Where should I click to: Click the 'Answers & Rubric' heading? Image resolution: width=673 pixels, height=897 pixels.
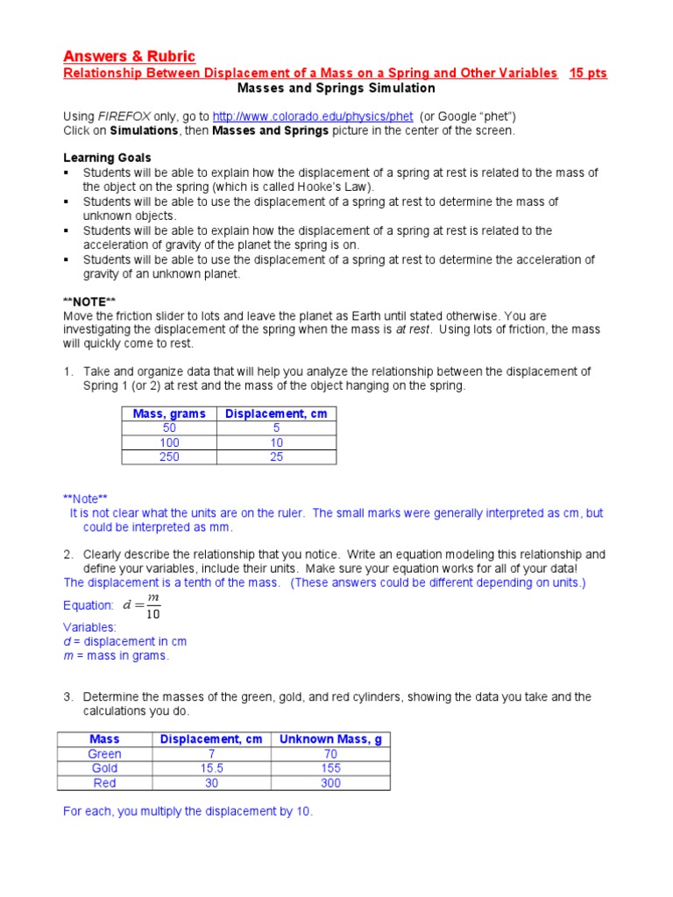point(129,56)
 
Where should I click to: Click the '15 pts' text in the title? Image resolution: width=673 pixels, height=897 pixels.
point(588,74)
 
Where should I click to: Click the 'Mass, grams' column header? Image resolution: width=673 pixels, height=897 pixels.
point(169,413)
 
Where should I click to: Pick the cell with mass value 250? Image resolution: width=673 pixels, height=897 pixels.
point(169,457)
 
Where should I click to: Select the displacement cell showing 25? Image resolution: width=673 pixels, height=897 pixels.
point(276,457)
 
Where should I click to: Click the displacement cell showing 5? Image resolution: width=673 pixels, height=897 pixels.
point(276,428)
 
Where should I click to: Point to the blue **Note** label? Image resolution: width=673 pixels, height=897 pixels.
point(85,498)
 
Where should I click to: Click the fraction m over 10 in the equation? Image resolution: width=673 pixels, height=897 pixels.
point(153,605)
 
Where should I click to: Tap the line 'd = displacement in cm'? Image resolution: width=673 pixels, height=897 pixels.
point(124,641)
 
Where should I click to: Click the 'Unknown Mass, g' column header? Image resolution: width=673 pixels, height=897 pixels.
point(330,739)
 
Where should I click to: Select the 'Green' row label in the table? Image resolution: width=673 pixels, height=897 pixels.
point(105,754)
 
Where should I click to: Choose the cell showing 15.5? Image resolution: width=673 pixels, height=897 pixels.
point(210,768)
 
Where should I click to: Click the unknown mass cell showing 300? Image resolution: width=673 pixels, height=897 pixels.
point(330,783)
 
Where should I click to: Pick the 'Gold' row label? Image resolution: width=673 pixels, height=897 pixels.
point(105,768)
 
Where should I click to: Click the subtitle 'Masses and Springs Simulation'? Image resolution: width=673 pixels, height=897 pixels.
point(336,88)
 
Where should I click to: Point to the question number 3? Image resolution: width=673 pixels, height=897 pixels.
point(67,697)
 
